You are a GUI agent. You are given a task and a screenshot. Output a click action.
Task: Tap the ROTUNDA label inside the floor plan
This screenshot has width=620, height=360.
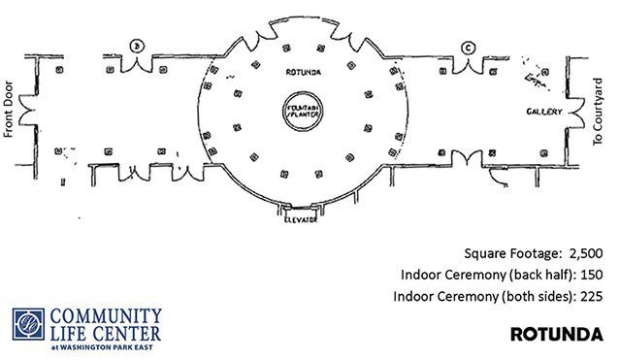(x=304, y=72)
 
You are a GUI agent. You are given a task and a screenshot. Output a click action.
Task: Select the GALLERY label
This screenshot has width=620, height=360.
(x=544, y=112)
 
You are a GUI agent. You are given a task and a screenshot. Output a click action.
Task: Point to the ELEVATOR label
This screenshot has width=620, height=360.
(x=301, y=219)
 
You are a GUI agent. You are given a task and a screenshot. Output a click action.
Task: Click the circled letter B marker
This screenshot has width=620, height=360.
(x=137, y=47)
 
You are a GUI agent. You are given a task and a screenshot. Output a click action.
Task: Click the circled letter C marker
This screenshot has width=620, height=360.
(x=469, y=49)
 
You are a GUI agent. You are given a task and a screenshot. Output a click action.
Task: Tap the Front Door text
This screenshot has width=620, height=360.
(x=9, y=110)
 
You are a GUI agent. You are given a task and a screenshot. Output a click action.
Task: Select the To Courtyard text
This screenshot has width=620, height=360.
(x=598, y=112)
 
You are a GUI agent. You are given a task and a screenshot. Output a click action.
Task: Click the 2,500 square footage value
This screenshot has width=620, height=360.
(x=586, y=253)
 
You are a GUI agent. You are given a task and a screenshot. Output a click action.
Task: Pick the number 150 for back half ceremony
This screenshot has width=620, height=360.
(x=592, y=275)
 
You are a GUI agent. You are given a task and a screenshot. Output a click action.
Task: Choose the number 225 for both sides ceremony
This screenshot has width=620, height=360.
(x=592, y=296)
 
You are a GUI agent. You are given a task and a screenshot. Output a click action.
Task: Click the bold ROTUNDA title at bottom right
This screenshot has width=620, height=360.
(x=557, y=334)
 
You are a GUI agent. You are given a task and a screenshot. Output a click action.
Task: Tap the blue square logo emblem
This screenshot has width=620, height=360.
(x=28, y=324)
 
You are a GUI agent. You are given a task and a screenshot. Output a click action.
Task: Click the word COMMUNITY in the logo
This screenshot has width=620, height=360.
(x=106, y=316)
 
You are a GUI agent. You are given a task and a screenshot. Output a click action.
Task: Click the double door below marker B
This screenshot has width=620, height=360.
(x=137, y=65)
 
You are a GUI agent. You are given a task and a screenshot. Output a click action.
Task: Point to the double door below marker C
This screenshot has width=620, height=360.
(x=469, y=66)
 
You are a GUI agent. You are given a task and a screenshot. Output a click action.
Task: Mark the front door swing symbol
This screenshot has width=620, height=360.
(x=27, y=111)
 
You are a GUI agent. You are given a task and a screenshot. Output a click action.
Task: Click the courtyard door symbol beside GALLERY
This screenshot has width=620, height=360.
(x=575, y=113)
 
